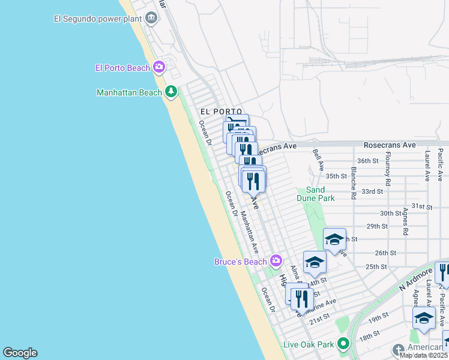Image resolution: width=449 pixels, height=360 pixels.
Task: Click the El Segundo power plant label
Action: pyautogui.click(x=98, y=18)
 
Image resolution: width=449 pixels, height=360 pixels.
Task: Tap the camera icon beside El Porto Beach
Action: pyautogui.click(x=159, y=67)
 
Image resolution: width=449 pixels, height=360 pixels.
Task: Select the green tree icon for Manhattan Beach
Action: pyautogui.click(x=172, y=92)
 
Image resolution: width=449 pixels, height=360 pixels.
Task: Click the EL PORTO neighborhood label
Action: pyautogui.click(x=221, y=112)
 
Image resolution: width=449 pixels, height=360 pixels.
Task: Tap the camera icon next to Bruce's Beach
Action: pyautogui.click(x=276, y=260)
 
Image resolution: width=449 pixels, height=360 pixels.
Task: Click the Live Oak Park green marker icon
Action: pyautogui.click(x=343, y=344)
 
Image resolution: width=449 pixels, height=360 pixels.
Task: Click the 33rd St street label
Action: pyautogui.click(x=373, y=191)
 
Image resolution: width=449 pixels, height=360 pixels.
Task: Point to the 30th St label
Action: pyautogui.click(x=390, y=213)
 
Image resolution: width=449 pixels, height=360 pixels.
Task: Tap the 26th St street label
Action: pyautogui.click(x=385, y=253)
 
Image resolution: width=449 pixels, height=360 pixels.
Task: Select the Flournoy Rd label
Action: pyautogui.click(x=388, y=169)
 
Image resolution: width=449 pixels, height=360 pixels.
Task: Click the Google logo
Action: pyautogui.click(x=20, y=353)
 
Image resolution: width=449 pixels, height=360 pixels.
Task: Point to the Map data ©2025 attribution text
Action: pyautogui.click(x=424, y=355)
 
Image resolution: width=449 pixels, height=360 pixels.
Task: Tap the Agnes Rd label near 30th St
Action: pyautogui.click(x=406, y=222)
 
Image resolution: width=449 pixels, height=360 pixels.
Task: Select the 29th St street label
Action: pyautogui.click(x=377, y=226)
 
